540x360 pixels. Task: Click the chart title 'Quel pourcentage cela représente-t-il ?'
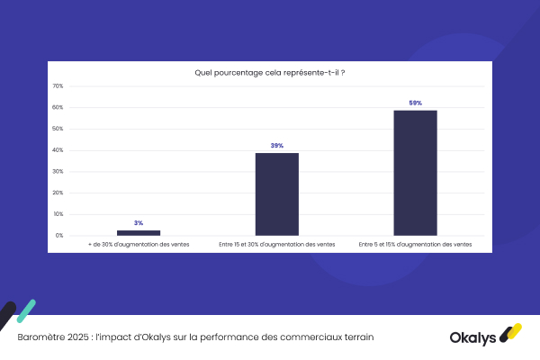pos(270,71)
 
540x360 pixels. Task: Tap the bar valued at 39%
pos(276,194)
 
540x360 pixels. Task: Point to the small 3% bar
pos(139,233)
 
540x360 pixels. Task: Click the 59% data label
pos(415,103)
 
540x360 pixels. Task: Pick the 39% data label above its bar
pos(276,146)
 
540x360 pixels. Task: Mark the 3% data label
pos(139,223)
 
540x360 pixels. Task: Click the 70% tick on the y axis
pos(58,86)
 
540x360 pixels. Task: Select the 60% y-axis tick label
pos(58,108)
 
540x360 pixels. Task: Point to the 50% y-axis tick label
pos(58,129)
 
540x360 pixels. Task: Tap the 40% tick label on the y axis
pos(58,150)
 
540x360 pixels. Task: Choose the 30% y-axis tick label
pos(58,172)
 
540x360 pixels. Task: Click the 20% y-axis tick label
pos(58,193)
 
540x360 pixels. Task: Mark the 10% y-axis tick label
pos(58,214)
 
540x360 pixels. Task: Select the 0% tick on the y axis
pos(58,236)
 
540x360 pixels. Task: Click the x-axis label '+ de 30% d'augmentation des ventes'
pos(139,245)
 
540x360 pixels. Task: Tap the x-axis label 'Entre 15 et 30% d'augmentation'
pos(276,245)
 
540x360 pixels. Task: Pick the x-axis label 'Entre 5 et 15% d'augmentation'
pos(415,245)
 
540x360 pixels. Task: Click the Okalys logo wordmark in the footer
pos(473,337)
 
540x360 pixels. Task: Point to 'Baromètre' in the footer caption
pos(40,337)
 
